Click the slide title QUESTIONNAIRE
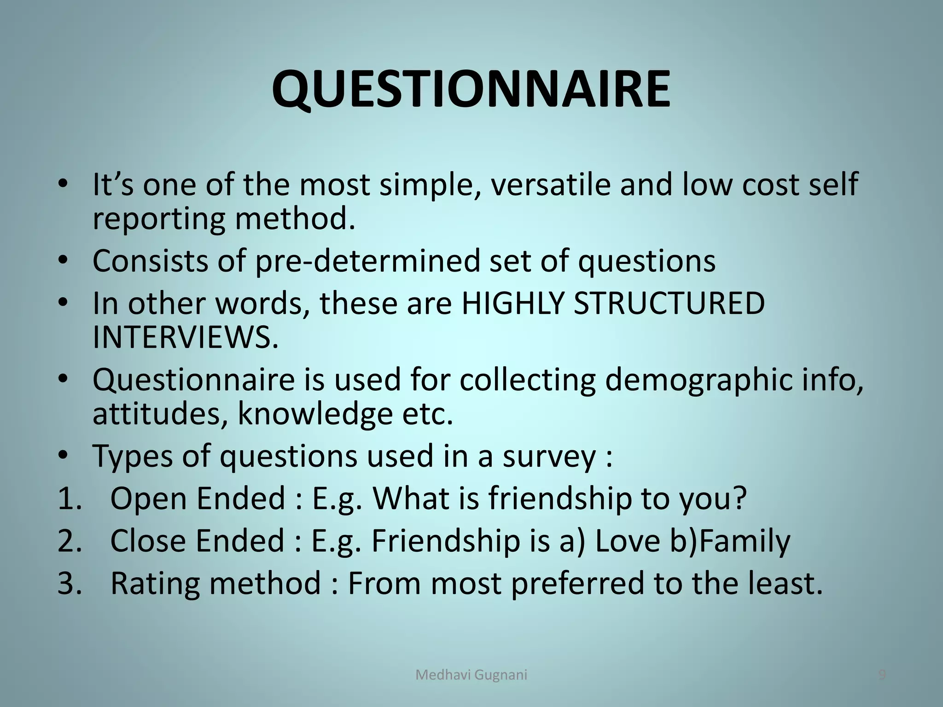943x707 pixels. click(471, 89)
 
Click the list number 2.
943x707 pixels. click(69, 541)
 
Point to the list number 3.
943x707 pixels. click(69, 583)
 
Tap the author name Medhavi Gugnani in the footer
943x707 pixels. click(471, 675)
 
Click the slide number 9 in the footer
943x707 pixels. click(882, 675)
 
